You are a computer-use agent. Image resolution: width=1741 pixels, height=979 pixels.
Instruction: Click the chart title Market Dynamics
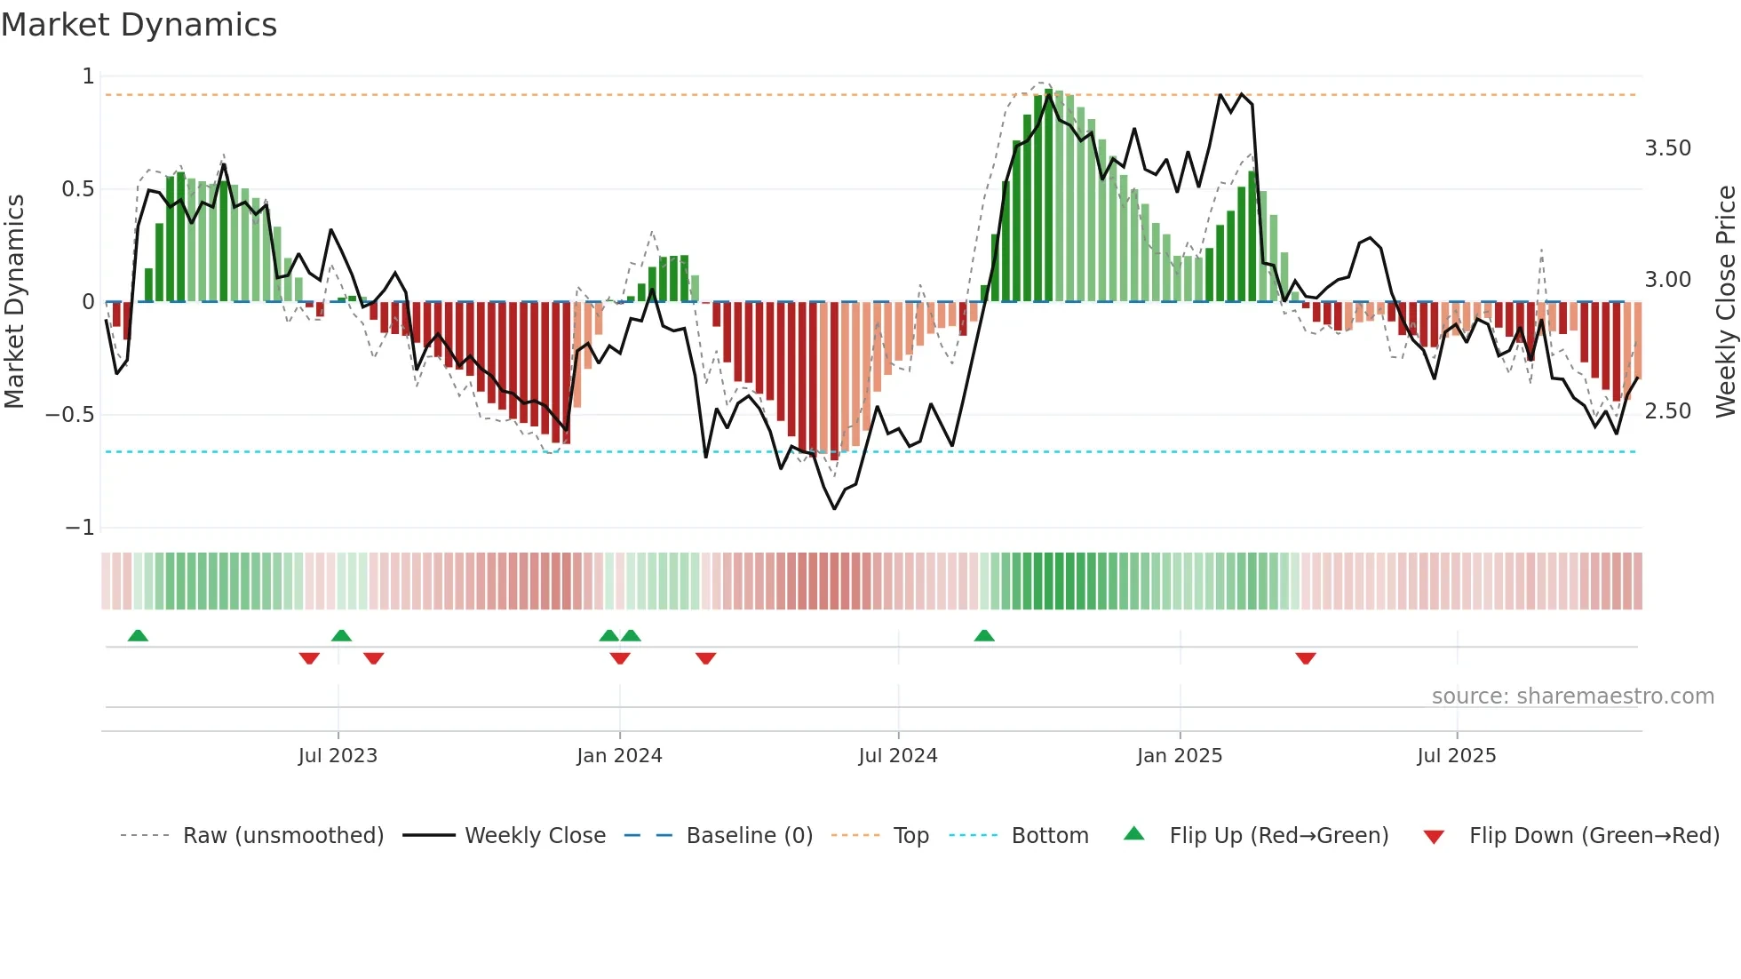(139, 25)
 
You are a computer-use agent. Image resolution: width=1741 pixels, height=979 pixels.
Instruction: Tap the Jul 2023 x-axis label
(338, 756)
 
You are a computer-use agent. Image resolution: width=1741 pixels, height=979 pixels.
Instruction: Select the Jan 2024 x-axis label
(619, 756)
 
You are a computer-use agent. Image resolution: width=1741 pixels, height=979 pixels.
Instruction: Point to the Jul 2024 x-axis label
(897, 756)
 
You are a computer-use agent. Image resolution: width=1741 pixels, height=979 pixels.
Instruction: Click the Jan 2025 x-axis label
(1179, 756)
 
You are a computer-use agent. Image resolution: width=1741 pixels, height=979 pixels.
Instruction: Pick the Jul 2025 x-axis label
(1456, 756)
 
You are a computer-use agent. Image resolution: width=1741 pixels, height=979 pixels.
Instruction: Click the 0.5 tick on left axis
(77, 189)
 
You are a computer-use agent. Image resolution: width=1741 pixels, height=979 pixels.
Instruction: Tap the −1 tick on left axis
(79, 528)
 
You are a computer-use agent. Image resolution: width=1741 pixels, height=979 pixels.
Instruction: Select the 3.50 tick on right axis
(1667, 148)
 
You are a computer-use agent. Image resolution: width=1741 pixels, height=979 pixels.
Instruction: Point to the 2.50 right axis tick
(1667, 411)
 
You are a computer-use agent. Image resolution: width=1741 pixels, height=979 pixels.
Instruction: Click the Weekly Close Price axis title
(1725, 301)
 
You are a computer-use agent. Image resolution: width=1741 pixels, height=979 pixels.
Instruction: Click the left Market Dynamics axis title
(14, 301)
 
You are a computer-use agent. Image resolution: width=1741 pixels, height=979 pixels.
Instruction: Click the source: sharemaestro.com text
(1572, 696)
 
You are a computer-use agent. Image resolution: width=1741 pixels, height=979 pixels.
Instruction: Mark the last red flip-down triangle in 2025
(1305, 658)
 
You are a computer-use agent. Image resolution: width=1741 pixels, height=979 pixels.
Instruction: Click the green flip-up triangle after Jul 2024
(983, 635)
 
